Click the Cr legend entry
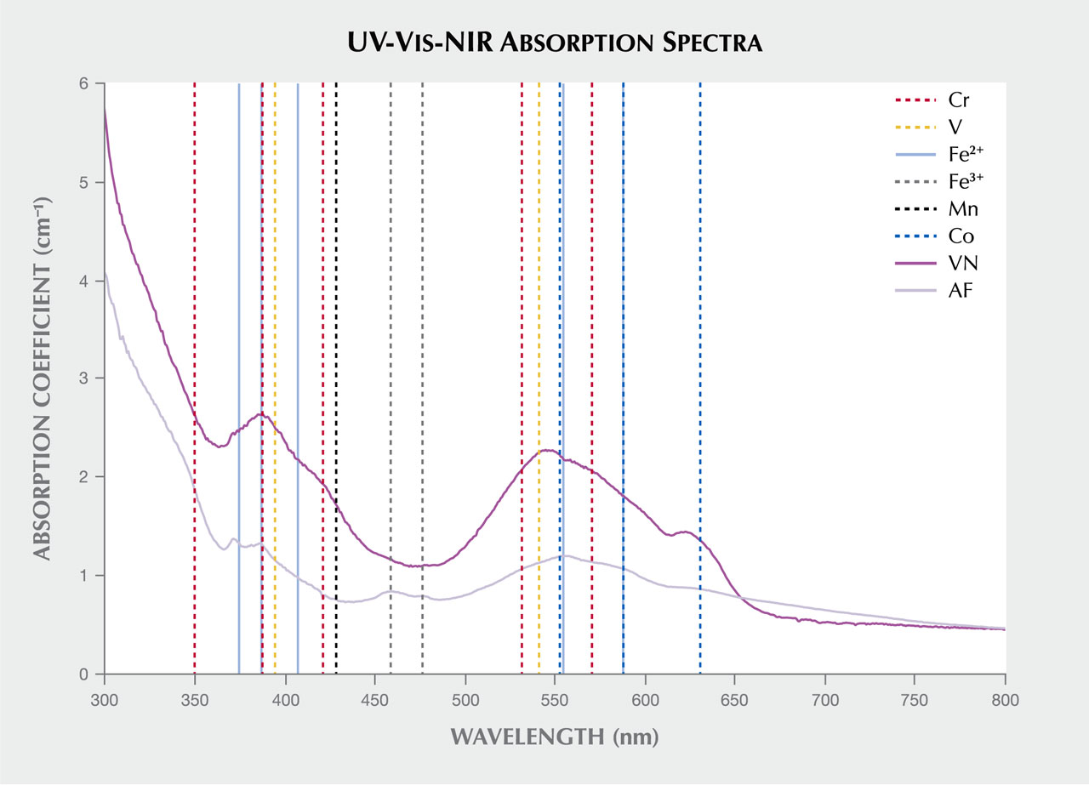(958, 100)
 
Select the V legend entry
(955, 126)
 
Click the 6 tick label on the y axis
(84, 84)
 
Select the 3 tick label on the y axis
(84, 378)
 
